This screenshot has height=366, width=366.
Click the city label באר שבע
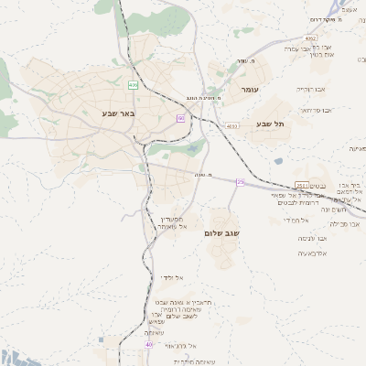(x=118, y=113)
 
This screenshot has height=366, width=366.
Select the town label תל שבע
(x=272, y=124)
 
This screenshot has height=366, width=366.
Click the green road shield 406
(x=134, y=85)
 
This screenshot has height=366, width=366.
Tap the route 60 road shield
(x=181, y=118)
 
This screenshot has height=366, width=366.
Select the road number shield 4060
(x=231, y=126)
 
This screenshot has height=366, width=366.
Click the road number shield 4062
(x=311, y=38)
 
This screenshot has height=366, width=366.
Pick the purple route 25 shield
(x=240, y=182)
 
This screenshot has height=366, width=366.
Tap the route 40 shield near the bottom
(x=148, y=345)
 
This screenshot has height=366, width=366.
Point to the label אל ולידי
(x=172, y=276)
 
